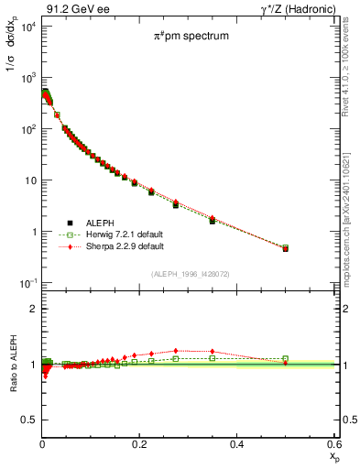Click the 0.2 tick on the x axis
[139, 446]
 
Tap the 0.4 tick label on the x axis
[236, 446]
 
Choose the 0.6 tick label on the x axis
[333, 446]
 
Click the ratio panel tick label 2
[32, 309]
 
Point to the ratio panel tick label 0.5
[29, 420]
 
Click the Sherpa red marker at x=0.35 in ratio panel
[213, 351]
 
